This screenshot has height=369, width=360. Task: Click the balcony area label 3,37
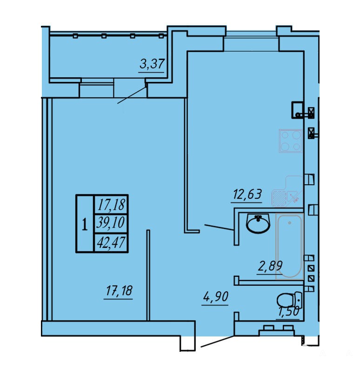point(152,64)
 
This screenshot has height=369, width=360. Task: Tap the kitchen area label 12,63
point(247,195)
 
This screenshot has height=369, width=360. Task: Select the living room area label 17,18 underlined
point(119,291)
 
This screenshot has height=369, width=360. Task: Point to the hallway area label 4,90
point(215,296)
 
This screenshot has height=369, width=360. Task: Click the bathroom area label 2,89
point(270,266)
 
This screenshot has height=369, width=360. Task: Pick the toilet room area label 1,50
point(289,312)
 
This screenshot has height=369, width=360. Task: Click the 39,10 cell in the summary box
point(111,222)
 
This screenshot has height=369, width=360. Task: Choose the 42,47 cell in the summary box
point(111,242)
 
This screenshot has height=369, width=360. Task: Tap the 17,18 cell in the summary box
point(112,204)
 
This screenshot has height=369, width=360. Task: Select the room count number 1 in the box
point(85,224)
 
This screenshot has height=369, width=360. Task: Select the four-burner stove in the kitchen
point(291,141)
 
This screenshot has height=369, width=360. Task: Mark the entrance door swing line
point(218,341)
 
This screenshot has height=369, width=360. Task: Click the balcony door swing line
point(132,95)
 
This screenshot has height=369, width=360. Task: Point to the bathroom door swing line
point(219,228)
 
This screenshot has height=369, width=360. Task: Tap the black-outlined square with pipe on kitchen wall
point(298,110)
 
